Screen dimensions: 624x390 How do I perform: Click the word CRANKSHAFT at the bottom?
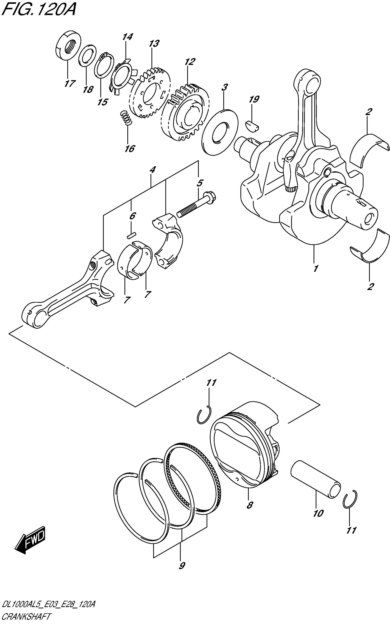tap(26, 616)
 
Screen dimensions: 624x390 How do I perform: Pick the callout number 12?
tap(190, 62)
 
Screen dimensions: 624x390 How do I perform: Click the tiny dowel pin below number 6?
tap(131, 235)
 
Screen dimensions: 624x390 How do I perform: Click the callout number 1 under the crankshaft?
tap(315, 269)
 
